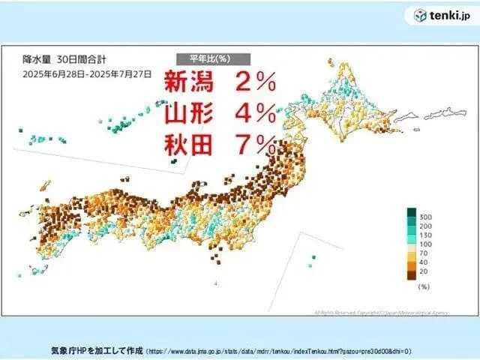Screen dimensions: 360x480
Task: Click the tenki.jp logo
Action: [442, 16]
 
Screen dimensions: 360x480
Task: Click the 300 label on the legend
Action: [425, 217]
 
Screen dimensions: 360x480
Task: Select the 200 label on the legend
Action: [425, 227]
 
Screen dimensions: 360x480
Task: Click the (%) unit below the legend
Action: [423, 287]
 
